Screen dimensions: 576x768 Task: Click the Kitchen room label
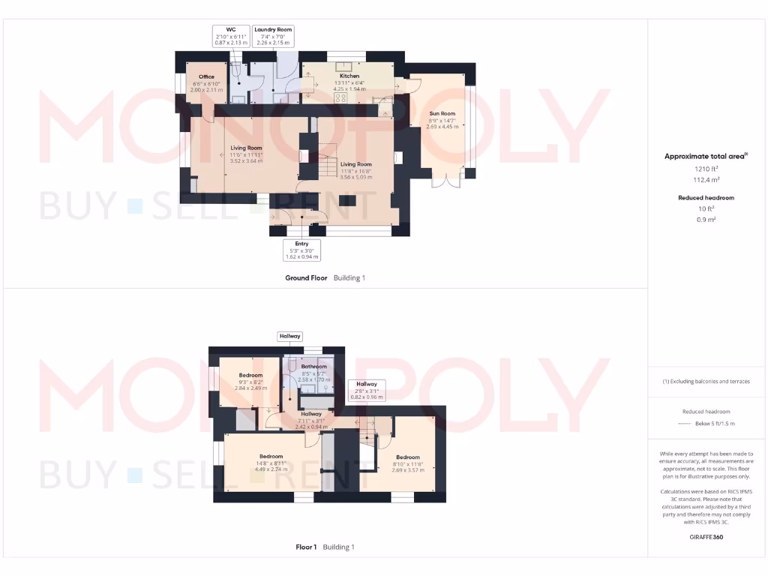[349, 76]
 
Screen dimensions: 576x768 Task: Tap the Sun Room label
[442, 114]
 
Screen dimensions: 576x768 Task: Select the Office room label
[206, 77]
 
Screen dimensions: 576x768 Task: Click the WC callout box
[231, 36]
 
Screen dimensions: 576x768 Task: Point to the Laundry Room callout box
[273, 36]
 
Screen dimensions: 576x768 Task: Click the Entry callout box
[301, 250]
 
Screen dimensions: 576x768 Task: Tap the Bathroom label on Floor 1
[314, 367]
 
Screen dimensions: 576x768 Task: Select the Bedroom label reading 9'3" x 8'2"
[250, 376]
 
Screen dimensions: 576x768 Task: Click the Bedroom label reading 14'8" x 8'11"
[271, 457]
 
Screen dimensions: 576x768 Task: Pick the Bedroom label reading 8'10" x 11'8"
[408, 457]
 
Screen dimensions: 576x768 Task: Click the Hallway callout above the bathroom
[289, 336]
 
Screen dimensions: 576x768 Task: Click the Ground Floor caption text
[306, 278]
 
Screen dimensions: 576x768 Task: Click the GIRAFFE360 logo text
[707, 537]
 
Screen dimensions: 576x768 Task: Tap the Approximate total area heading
[706, 156]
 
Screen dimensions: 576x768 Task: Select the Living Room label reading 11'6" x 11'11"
[245, 148]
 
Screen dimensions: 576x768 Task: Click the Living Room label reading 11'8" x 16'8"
[356, 164]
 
